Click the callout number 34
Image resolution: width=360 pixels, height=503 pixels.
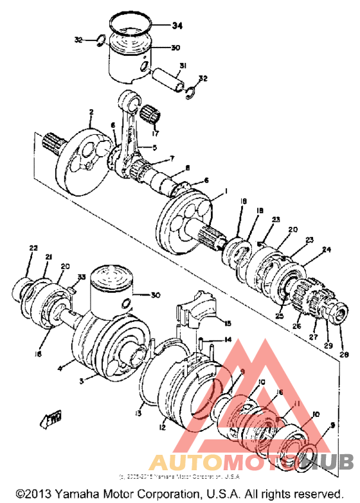click(176, 26)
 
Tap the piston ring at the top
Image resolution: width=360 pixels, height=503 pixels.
click(132, 24)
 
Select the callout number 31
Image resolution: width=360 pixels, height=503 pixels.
click(183, 66)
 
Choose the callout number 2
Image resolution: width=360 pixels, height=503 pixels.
click(91, 111)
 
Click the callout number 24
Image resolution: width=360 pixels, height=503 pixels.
click(327, 251)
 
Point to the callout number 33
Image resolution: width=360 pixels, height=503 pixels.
click(81, 277)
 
